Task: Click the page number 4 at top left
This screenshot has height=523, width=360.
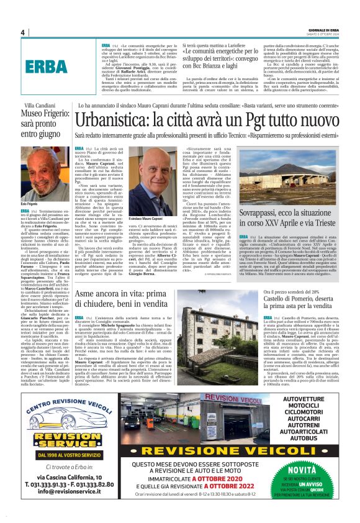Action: click(x=22, y=33)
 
